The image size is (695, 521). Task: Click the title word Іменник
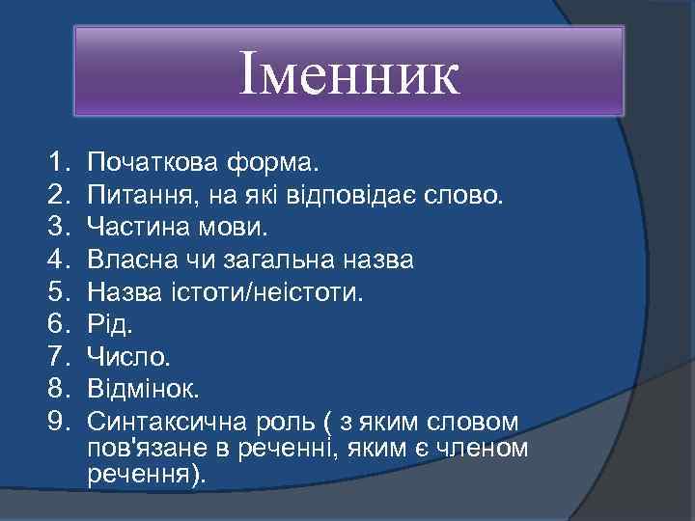pos(349,76)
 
